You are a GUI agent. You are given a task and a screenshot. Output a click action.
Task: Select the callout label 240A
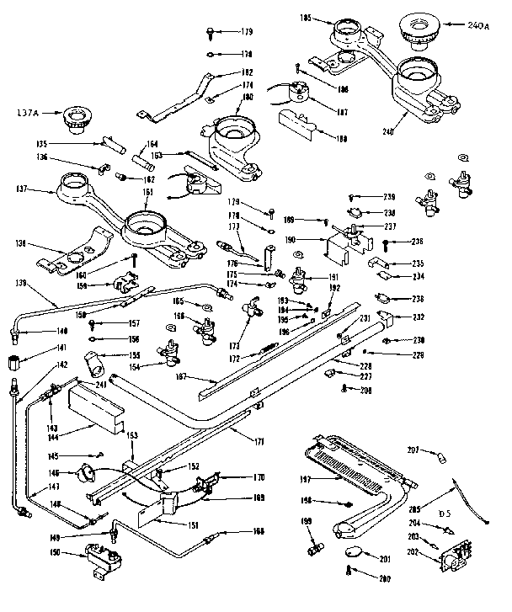click(477, 25)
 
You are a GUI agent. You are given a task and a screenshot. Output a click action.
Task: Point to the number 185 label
click(306, 17)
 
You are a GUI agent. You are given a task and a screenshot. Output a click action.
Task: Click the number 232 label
click(419, 317)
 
